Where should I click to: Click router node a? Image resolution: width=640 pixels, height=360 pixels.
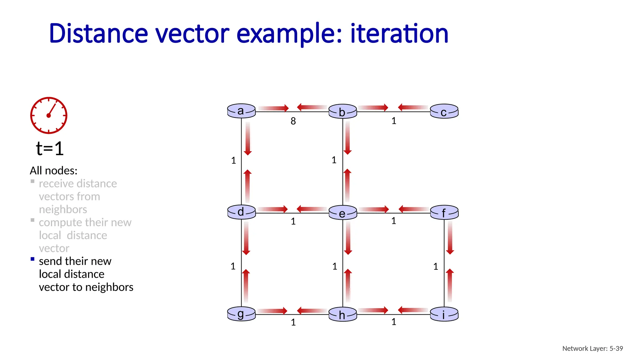point(241,111)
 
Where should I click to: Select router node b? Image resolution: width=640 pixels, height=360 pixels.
point(342,112)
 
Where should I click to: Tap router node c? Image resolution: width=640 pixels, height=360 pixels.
point(444,112)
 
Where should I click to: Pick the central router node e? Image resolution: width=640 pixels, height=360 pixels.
point(342,213)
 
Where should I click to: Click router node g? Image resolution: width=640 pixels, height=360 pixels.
point(241,314)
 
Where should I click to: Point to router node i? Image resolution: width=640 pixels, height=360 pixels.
point(444,314)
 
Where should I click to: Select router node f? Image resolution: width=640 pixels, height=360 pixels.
point(444,213)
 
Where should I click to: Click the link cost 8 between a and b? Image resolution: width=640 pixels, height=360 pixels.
point(293,121)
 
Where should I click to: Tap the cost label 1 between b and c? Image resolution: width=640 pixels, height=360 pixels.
point(394,121)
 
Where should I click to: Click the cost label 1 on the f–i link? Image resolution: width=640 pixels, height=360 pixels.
point(436,267)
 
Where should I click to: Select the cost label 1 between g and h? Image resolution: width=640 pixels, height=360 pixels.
point(293,322)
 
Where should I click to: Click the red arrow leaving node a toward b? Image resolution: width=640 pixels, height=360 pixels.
point(273,108)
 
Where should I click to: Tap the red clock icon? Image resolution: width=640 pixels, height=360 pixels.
point(49,115)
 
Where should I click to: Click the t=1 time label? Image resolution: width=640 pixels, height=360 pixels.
point(50,148)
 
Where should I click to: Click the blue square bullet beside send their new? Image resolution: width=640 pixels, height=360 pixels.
point(32,259)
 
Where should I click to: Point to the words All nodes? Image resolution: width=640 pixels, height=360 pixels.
point(53,171)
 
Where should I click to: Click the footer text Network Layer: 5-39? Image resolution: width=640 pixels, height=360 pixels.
point(592,348)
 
